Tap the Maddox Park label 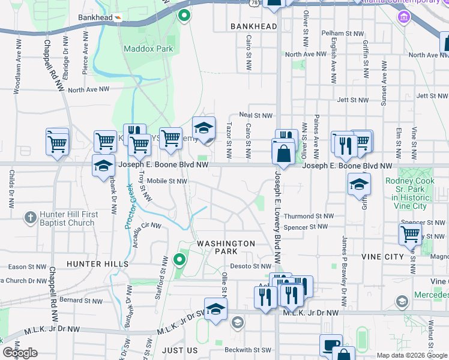(x=148, y=48)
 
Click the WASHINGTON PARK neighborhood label (x=226, y=247)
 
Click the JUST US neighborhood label (x=179, y=350)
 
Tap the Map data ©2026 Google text (x=412, y=355)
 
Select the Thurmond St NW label (x=309, y=216)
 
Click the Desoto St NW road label (x=251, y=266)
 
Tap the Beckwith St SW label (x=248, y=350)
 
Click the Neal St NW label (x=256, y=115)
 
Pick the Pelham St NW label (x=343, y=34)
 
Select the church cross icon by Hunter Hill (x=31, y=217)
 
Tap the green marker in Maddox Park (x=184, y=16)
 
